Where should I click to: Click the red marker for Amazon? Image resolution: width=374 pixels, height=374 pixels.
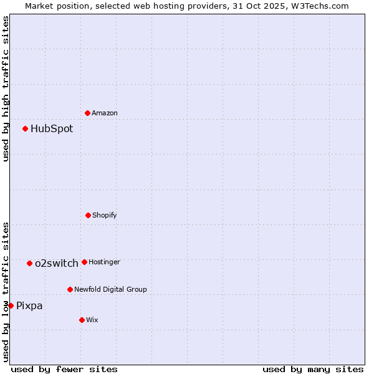pos(87,113)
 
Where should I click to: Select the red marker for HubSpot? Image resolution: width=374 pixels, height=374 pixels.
pos(25,129)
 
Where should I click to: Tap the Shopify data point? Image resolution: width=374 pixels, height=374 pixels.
pos(88,215)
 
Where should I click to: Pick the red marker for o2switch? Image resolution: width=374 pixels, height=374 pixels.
pos(29,263)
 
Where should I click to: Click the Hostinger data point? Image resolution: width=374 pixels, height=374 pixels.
pos(84,262)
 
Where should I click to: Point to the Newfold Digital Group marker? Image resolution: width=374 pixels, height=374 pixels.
pos(70,289)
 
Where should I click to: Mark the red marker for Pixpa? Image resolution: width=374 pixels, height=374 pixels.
pos(11,305)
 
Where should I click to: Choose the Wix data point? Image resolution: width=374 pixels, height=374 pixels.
pos(82,320)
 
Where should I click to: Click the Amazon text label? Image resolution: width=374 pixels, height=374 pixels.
pos(105,113)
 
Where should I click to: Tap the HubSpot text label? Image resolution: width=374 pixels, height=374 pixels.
pos(52,129)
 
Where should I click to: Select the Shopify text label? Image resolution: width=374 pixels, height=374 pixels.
pos(105,215)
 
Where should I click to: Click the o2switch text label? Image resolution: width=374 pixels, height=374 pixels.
pos(57,263)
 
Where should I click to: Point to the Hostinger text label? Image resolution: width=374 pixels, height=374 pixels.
pos(104,262)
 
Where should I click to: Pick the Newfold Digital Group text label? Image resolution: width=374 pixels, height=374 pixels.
pos(110,289)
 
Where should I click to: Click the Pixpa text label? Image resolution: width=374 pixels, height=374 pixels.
pos(29,305)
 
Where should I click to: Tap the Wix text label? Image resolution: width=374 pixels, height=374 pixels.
pos(92,320)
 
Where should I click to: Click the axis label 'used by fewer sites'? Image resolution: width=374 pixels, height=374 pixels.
pos(64,369)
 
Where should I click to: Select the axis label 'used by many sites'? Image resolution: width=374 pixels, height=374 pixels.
pos(313,369)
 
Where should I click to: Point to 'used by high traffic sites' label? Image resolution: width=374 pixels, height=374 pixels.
pos(6,89)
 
